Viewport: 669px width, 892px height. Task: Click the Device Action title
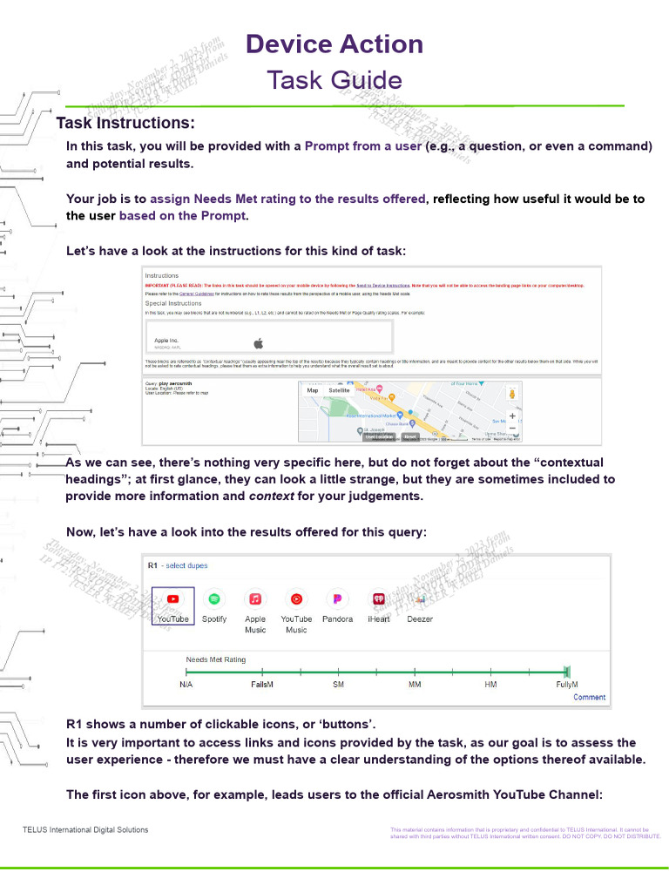tap(334, 44)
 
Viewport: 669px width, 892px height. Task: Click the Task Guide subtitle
tap(334, 80)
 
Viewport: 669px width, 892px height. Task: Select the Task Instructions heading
tap(125, 123)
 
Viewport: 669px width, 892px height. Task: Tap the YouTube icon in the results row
tap(172, 599)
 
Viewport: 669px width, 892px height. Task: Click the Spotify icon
tap(213, 599)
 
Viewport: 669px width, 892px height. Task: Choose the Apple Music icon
tap(255, 599)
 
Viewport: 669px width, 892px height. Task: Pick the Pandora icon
tap(337, 599)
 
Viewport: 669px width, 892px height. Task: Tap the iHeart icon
tap(379, 599)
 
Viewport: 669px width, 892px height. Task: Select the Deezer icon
tap(420, 599)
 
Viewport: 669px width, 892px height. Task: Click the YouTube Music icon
tap(296, 599)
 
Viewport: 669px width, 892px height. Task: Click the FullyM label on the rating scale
tap(567, 685)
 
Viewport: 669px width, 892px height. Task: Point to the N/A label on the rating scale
tap(186, 685)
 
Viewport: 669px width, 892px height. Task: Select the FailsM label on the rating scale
tap(262, 685)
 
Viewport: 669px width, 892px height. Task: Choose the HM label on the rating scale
tap(491, 685)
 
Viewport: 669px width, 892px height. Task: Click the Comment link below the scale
tap(589, 697)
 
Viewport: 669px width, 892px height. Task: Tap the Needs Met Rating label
tap(215, 659)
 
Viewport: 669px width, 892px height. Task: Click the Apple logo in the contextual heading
tap(256, 341)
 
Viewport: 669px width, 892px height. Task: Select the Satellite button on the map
tap(339, 390)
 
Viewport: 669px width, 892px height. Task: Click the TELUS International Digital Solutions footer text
tap(85, 829)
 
